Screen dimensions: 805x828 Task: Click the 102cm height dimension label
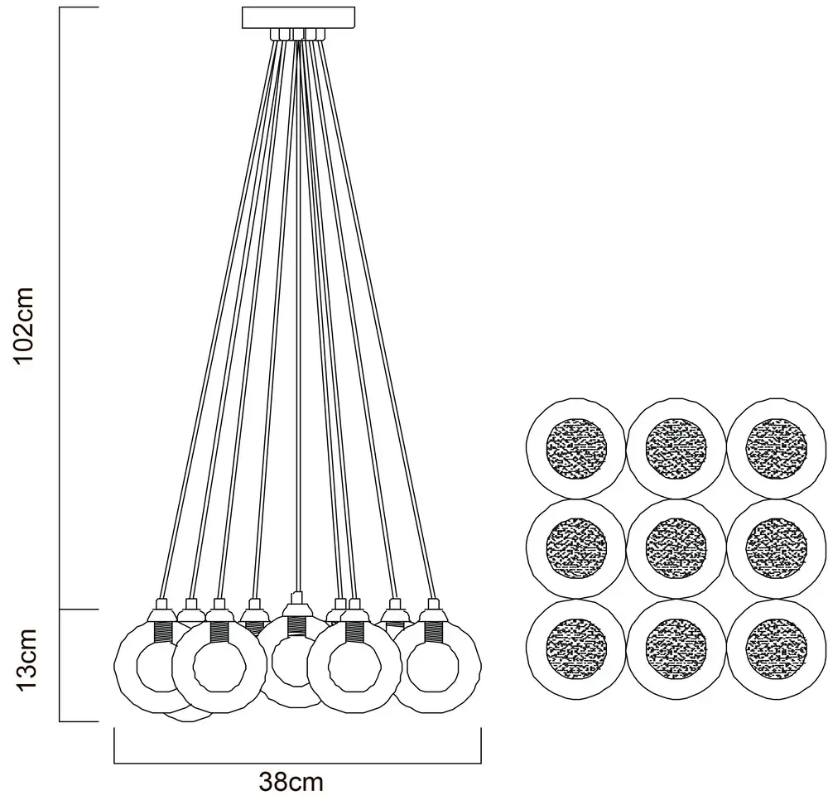pos(25,325)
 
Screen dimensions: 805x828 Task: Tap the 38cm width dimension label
pos(291,781)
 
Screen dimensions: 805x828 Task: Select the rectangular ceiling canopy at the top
pos(298,17)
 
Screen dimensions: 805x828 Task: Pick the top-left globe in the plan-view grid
pos(575,448)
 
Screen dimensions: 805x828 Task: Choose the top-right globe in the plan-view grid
pos(776,448)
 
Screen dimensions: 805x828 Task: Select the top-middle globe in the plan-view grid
pos(676,448)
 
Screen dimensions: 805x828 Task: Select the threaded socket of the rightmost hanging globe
pos(432,633)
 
